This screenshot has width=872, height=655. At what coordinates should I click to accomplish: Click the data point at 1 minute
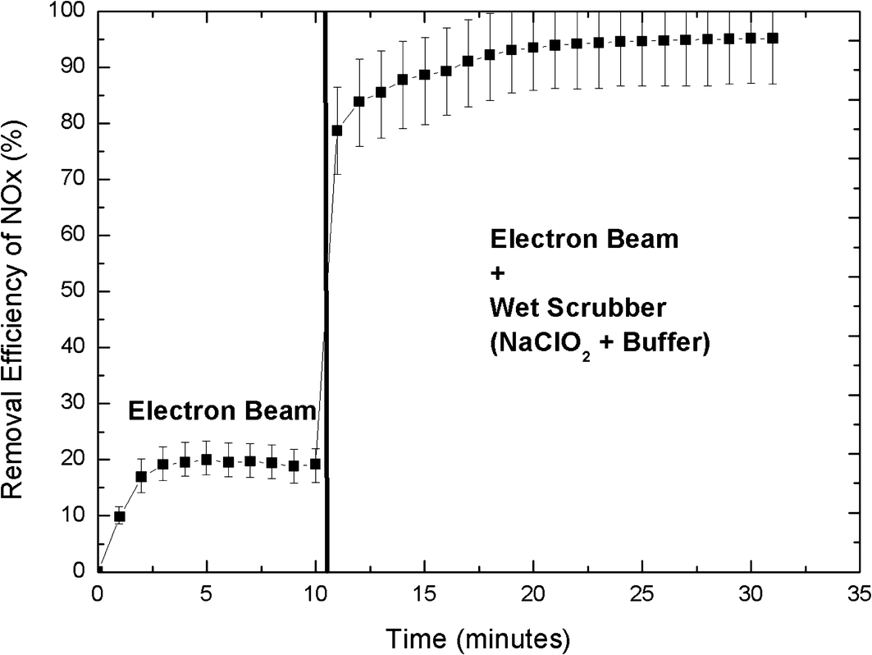click(119, 516)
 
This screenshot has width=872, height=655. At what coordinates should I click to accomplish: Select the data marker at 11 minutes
click(336, 131)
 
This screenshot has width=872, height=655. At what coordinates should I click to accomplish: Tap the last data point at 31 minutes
click(772, 38)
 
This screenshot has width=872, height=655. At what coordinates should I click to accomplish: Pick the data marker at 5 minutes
click(206, 460)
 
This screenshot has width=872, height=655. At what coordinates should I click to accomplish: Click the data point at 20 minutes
click(533, 47)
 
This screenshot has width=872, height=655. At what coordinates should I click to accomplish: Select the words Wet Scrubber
click(578, 309)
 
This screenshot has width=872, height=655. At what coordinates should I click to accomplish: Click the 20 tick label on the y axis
click(74, 460)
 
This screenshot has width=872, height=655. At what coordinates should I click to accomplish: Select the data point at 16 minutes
click(446, 71)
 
